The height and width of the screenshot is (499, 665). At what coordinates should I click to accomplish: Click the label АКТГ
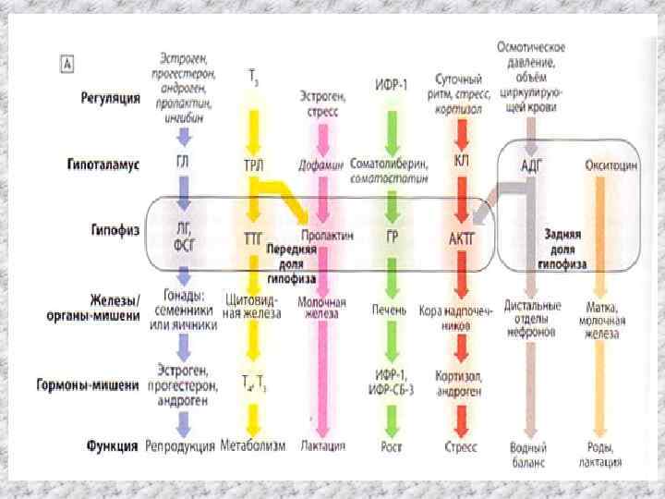click(x=461, y=237)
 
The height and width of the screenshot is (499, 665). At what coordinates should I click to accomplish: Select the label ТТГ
click(x=254, y=237)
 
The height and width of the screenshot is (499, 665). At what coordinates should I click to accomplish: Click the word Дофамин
click(x=320, y=164)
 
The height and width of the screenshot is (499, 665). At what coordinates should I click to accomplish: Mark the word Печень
click(x=390, y=309)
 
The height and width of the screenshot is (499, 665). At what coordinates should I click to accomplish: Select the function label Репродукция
click(x=180, y=446)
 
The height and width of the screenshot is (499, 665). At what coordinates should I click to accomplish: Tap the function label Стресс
click(x=460, y=446)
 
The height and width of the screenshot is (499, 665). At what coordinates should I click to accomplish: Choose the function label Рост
click(x=392, y=446)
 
